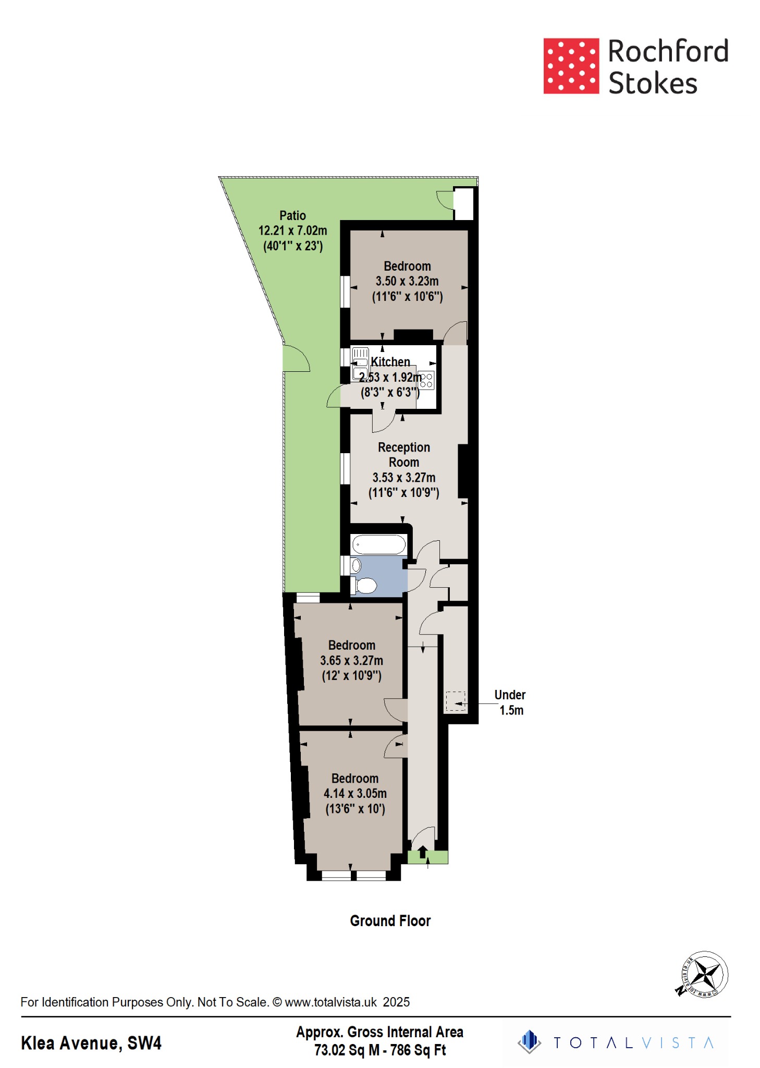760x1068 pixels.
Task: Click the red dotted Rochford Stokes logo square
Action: (571, 66)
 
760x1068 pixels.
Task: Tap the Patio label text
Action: (292, 215)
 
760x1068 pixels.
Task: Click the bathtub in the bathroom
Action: (379, 545)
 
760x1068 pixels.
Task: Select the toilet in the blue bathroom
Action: (366, 586)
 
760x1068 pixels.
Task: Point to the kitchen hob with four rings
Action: (426, 380)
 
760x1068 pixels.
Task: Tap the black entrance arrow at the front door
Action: (423, 852)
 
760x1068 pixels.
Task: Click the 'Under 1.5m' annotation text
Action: (510, 702)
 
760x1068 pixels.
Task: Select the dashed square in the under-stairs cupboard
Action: (455, 701)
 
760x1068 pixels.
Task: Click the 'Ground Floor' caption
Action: (390, 921)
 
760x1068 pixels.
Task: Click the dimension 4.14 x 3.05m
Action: (355, 794)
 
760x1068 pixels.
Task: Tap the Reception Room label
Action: (403, 455)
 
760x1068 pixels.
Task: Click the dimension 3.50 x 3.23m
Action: (407, 281)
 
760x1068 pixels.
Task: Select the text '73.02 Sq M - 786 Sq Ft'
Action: (379, 1050)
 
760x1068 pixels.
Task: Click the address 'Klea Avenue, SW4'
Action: (91, 1043)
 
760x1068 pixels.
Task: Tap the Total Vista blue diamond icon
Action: (529, 1042)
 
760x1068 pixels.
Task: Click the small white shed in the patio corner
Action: (463, 203)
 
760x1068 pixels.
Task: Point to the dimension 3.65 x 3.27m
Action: (351, 660)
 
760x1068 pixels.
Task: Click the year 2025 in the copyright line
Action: (396, 1002)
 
